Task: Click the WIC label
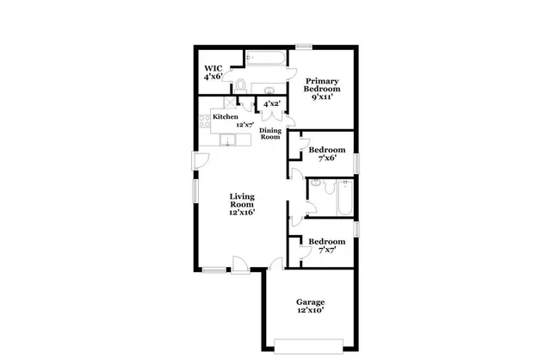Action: [214, 68]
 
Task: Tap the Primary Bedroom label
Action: [322, 84]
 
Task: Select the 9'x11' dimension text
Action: [322, 98]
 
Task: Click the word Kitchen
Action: [226, 116]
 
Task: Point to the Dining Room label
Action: [270, 133]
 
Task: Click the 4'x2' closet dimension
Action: [271, 104]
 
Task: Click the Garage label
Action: [310, 301]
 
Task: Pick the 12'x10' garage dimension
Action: [310, 311]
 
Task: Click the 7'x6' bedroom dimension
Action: [327, 158]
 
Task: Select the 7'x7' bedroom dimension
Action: [327, 251]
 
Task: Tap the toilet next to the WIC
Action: [242, 85]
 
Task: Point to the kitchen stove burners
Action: [205, 121]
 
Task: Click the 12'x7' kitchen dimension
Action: [247, 124]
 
